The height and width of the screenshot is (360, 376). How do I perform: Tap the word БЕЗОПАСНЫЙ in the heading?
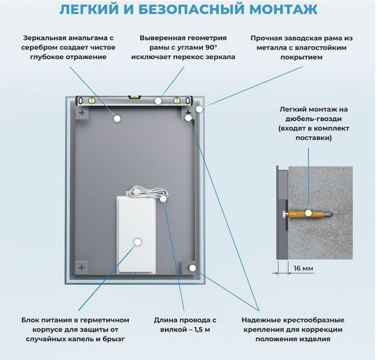173,10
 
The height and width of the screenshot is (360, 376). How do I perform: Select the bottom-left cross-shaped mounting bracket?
81,267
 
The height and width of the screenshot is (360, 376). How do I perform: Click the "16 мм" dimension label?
302,268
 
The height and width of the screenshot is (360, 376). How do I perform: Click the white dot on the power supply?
138,242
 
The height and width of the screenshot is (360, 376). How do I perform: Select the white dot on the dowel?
308,213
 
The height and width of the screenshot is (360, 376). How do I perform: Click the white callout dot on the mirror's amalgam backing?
116,119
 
